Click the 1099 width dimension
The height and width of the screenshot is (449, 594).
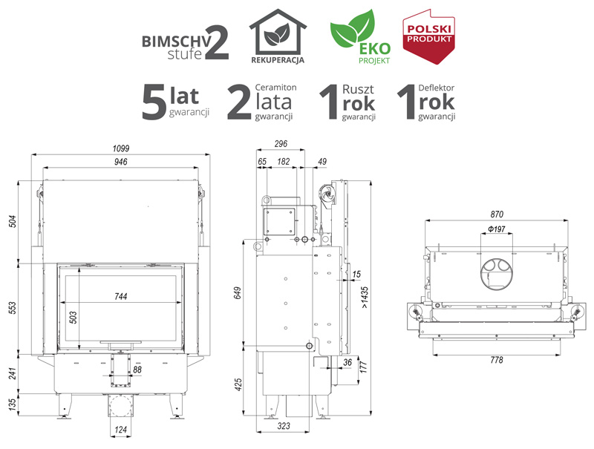pos(121,148)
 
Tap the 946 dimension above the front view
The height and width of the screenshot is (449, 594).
pos(121,162)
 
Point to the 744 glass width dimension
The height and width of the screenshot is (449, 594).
pos(121,296)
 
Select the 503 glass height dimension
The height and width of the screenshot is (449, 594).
pos(73,318)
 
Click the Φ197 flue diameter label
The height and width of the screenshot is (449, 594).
pos(497,229)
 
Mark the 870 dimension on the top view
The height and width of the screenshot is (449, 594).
pos(497,214)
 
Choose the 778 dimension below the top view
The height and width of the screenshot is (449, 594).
pos(497,360)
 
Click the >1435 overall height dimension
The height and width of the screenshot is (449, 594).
pos(365,297)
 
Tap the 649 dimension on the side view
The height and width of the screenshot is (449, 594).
pos(238,292)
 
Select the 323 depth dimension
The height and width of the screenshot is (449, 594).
pos(284,426)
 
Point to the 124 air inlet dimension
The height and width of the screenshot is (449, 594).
pos(120,430)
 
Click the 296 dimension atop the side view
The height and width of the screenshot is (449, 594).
pos(281,144)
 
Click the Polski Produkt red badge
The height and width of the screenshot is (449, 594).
pos(428,36)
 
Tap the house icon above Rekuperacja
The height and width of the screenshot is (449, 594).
pos(278,32)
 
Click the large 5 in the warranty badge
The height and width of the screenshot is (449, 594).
pos(154,102)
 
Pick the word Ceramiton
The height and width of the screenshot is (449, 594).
pos(275,88)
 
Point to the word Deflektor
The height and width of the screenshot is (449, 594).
pos(437,88)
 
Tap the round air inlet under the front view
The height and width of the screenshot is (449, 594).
pos(120,406)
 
